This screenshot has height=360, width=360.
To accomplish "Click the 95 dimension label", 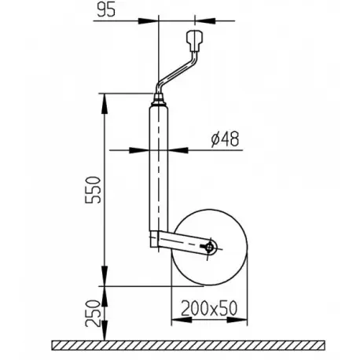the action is coord(106,10).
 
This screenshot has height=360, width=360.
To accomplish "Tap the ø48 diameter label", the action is coord(225,138).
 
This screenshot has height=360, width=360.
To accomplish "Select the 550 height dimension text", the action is coord(93,189).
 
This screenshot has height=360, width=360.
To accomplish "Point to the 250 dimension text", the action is coord(93,314).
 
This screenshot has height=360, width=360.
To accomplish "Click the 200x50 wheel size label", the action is coord(209,308).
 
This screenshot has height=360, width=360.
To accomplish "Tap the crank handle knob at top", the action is coord(194,41).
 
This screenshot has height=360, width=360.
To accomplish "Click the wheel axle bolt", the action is coord(209,247).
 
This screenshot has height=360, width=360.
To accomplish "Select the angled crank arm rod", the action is coord(178,70).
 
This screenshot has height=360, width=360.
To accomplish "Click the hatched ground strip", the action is coord(189,345).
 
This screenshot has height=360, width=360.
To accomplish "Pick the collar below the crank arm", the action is coord(160,100).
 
